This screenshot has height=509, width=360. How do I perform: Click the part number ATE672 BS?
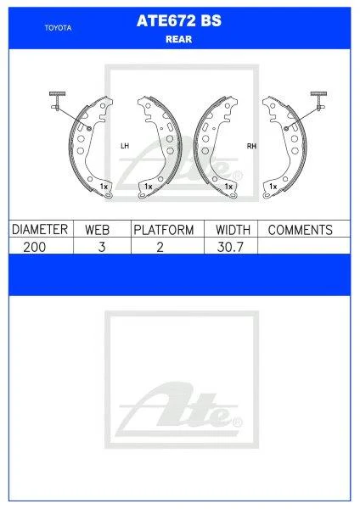coord(179,24)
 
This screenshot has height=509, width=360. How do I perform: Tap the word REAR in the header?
coord(179,39)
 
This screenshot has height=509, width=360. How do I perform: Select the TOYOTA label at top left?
coord(58,28)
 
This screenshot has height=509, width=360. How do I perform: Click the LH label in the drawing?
coord(124,146)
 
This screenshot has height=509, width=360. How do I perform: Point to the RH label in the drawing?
coord(251,146)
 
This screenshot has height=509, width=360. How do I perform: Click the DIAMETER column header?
coord(40,230)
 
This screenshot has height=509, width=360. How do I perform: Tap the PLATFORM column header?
coord(164,230)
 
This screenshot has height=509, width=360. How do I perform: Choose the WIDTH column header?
coord(232,230)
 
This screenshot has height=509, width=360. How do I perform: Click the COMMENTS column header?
coord(299,230)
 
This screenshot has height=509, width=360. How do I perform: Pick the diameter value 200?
coord(37,246)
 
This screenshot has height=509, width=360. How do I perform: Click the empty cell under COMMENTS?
coord(299,246)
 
